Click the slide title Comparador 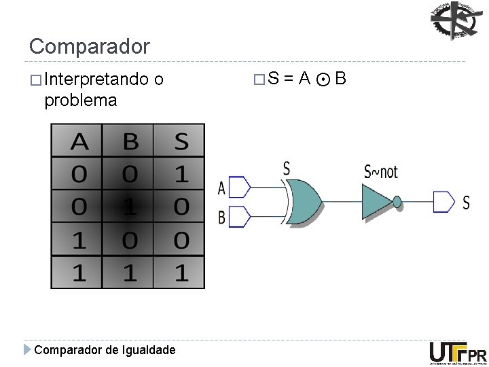(89, 46)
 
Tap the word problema (80, 101)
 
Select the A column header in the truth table (79, 141)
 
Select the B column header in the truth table (130, 141)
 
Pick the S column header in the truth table (181, 141)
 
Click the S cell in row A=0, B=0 (181, 174)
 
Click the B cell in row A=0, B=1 (130, 207)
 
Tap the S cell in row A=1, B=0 (181, 240)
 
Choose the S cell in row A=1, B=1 (181, 273)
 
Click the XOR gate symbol (303, 201)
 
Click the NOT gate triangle (378, 201)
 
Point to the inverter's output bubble (397, 202)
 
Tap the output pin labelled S (443, 202)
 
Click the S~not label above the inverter (381, 171)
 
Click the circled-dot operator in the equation (323, 80)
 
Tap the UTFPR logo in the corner (458, 353)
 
